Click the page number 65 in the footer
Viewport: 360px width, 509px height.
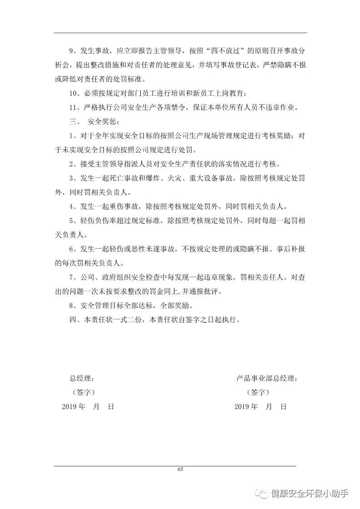point(180,469)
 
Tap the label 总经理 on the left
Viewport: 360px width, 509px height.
point(81,378)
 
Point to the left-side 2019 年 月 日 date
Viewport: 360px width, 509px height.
point(88,406)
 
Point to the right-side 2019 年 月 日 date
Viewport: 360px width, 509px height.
point(261,406)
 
